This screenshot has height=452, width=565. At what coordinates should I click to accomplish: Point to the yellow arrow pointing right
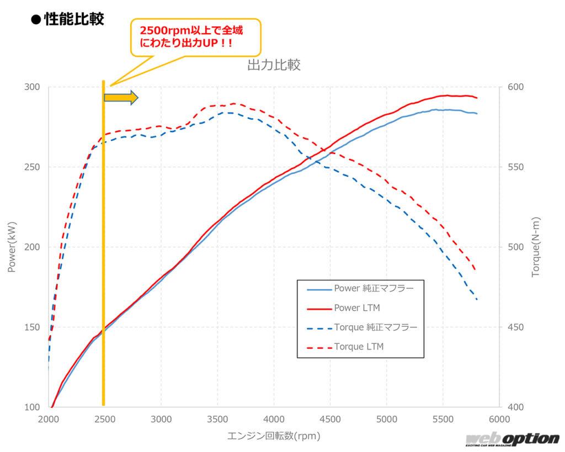pos(121,98)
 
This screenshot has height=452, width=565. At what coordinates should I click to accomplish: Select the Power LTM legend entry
pos(356,307)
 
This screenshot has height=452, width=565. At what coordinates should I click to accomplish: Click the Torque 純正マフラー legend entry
pos(375,327)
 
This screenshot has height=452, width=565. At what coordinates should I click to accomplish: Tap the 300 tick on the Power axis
pos(34,87)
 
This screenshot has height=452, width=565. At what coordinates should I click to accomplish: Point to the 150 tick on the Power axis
pos(34,327)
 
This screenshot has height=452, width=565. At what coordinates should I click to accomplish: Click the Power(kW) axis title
pos(12,247)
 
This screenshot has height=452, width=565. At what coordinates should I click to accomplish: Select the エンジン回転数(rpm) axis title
pos(274,436)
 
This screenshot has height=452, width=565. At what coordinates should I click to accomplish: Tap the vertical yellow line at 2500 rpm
pos(103,248)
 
